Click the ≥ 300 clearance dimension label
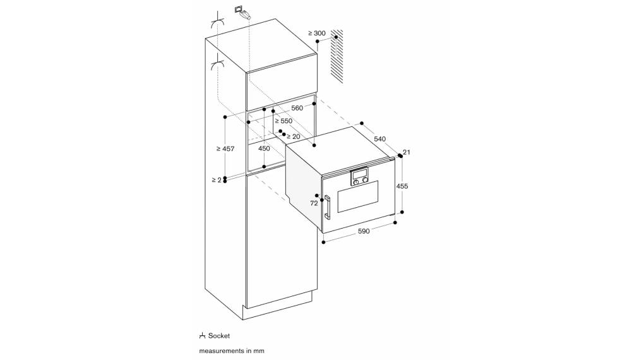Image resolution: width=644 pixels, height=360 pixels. tap(316, 33)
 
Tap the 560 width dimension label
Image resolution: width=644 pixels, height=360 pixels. tap(297, 108)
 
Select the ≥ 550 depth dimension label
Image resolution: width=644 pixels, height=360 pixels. tap(283, 121)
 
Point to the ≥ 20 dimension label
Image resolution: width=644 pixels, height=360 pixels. tap(293, 136)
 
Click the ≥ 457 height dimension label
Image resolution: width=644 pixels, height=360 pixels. tap(225, 149)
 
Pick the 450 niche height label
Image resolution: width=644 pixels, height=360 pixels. tap(264, 148)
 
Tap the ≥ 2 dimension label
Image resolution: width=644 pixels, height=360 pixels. tap(217, 180)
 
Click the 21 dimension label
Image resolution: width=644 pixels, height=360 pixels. tap(407, 152)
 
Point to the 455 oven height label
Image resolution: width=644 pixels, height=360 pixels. tap(402, 186)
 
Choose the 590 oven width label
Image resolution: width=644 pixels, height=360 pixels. tap(364, 231)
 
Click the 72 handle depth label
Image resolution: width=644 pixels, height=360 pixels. tap(314, 203)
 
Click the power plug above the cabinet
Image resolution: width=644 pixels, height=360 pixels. tap(243, 13)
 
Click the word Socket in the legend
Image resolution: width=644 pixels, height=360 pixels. tap(219, 336)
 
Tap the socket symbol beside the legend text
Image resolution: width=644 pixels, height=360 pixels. tap(202, 336)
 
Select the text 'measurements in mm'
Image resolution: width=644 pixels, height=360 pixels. tap(232, 351)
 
